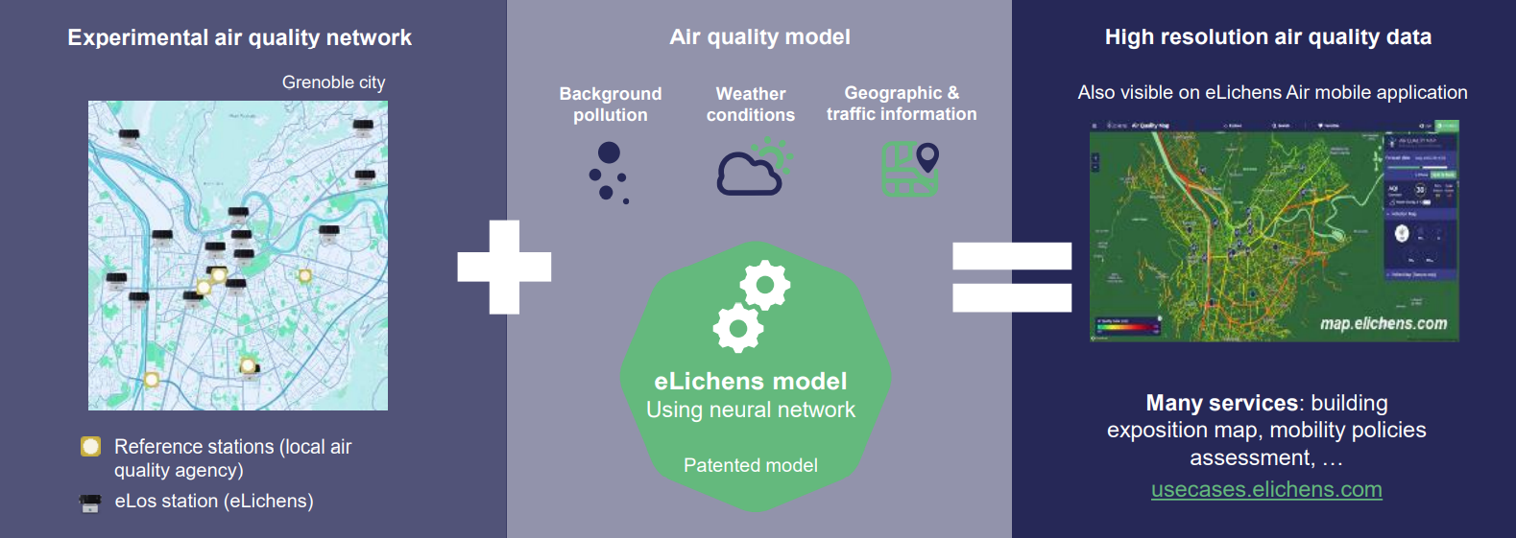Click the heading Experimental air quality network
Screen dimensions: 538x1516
[x=239, y=38]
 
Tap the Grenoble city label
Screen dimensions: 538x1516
[x=333, y=82]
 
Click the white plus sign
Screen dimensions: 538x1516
[x=504, y=267]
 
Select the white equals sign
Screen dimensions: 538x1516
[x=1011, y=277]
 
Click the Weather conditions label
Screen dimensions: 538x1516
[x=751, y=105]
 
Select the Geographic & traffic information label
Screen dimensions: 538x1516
[x=902, y=104]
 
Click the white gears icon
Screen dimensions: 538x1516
[x=752, y=305]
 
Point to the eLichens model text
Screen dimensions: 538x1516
[x=751, y=382]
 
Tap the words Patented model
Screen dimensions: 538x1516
[x=751, y=466]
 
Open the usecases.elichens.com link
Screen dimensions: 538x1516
[x=1266, y=490]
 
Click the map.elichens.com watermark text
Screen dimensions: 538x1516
[x=1383, y=324]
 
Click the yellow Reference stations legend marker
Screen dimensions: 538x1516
[x=91, y=447]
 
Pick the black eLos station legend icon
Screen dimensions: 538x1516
[x=91, y=503]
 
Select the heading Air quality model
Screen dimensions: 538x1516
[x=759, y=37]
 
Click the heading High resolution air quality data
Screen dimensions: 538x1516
[x=1267, y=37]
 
